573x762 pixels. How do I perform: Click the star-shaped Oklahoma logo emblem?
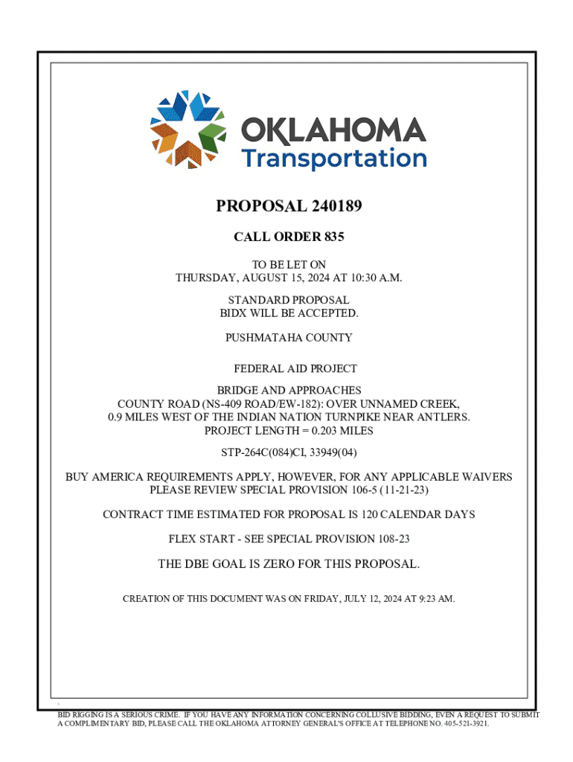click(x=189, y=128)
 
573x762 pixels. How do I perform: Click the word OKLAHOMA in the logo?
click(x=333, y=132)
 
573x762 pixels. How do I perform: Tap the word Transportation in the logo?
click(x=333, y=158)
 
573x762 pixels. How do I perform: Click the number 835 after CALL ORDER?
click(x=334, y=237)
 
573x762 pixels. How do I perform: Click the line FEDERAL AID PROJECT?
click(x=295, y=368)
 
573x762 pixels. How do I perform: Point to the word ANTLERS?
click(x=444, y=417)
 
